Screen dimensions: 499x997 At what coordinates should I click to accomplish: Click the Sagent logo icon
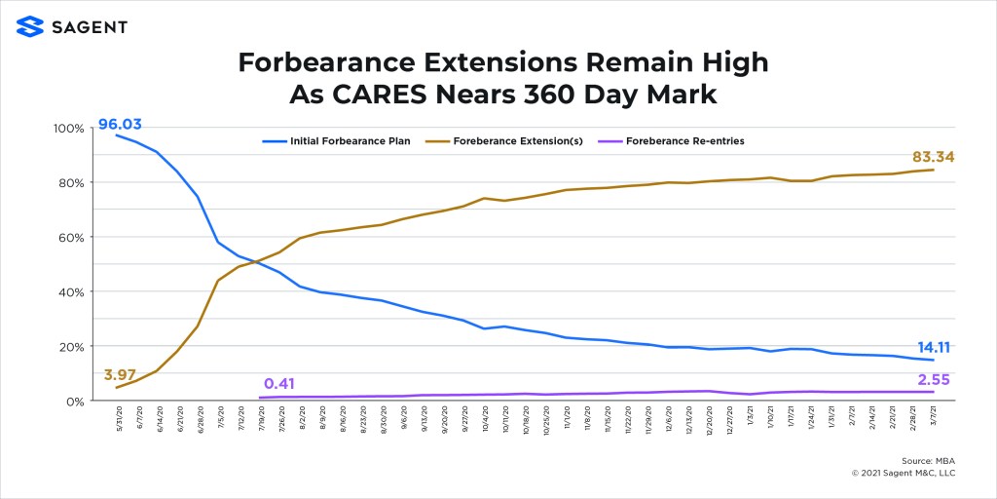30,26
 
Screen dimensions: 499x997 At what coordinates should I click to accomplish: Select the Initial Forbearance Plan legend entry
336,141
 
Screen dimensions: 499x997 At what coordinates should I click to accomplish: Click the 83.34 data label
933,156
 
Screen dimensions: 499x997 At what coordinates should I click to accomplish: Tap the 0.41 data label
279,384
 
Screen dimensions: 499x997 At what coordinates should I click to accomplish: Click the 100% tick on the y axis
69,129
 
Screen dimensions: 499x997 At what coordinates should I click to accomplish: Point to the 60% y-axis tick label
72,237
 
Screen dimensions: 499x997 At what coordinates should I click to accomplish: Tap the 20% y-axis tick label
72,346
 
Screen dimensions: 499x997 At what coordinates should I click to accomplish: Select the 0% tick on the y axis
76,401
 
